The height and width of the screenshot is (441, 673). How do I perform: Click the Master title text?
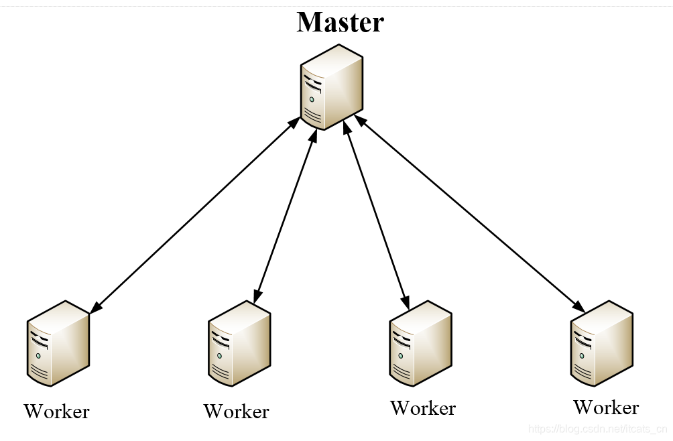point(340,22)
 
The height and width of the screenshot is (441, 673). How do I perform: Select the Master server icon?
point(331,87)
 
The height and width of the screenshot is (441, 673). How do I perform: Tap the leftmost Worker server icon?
point(58,343)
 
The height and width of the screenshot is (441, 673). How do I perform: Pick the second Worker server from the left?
point(239,343)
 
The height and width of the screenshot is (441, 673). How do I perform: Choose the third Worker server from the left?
point(420,343)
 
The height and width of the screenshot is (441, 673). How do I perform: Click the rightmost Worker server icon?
point(601,343)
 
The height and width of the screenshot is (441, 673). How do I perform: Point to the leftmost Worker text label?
point(56,411)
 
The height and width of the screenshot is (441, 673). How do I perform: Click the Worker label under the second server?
point(236,411)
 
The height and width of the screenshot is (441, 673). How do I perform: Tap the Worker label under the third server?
point(423,408)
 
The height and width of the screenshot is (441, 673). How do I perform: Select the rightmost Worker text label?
point(606,407)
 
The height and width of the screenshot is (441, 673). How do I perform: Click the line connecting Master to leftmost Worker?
point(194,215)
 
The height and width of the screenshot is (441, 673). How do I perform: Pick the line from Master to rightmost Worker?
point(469,214)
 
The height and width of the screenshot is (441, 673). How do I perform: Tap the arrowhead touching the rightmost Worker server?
point(578,306)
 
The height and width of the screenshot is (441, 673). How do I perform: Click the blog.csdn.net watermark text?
point(597,428)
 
